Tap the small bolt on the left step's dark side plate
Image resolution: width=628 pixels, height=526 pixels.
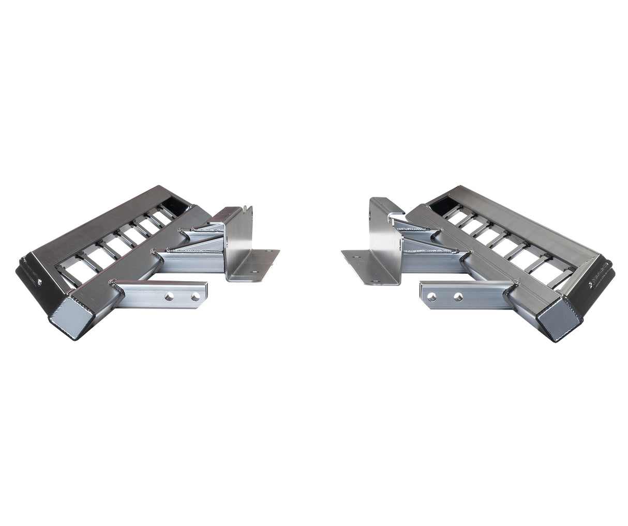(40, 282)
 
